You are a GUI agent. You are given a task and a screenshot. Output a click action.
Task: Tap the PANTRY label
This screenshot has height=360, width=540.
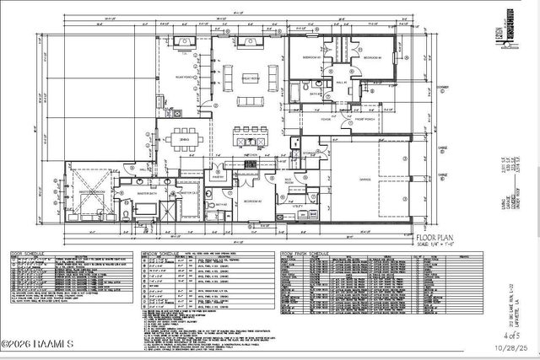pos(218,177)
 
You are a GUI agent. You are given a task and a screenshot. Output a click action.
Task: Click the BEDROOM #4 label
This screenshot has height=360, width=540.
pos(372,56)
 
